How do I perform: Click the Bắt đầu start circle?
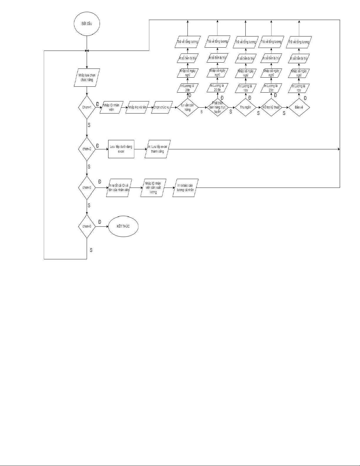coord(87,23)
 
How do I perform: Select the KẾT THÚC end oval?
coord(123,226)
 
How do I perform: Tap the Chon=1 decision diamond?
coord(87,107)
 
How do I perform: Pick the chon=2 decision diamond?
coord(87,149)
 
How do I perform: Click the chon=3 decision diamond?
coord(87,187)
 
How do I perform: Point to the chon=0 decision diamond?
coord(87,226)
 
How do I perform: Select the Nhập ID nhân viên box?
coord(111,107)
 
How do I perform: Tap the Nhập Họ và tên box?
coord(137,107)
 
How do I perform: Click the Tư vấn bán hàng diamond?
coord(188,108)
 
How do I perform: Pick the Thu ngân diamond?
coord(245,107)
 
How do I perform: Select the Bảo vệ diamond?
coord(299,107)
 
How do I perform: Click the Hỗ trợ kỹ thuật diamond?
coord(271,107)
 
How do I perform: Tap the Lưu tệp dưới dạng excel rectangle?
coord(121,149)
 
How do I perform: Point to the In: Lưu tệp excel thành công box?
coord(158,149)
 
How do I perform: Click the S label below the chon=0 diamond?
coord(91,250)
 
